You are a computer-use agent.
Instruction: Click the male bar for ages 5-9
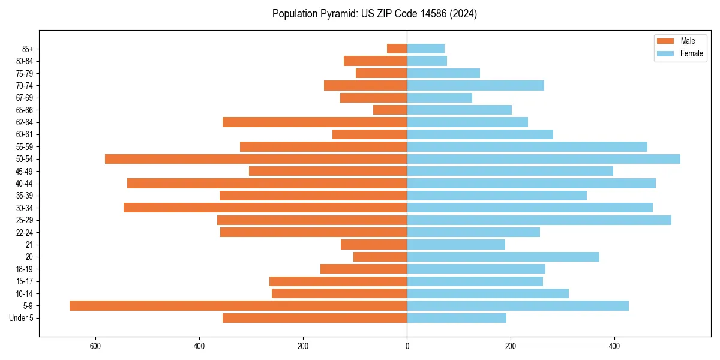coord(238,305)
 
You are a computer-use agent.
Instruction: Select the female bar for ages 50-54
coord(544,159)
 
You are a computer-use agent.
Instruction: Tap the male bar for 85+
coord(397,49)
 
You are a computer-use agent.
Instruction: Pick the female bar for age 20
coord(503,257)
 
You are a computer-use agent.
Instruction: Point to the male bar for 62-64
coord(314,122)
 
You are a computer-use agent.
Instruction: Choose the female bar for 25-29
coord(539,220)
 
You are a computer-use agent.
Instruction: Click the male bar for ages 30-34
coord(265,208)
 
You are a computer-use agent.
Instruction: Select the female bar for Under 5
coord(457,318)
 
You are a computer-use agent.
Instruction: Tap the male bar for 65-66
coord(390,110)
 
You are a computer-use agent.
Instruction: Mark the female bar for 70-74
coord(475,85)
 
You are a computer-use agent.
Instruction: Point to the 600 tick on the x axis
coord(95,346)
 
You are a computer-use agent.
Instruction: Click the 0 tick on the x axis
coord(407,346)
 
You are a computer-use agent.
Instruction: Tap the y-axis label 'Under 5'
coord(22,318)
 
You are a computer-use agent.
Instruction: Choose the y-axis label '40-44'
coord(25,184)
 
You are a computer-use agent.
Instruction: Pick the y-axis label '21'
coord(29,245)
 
